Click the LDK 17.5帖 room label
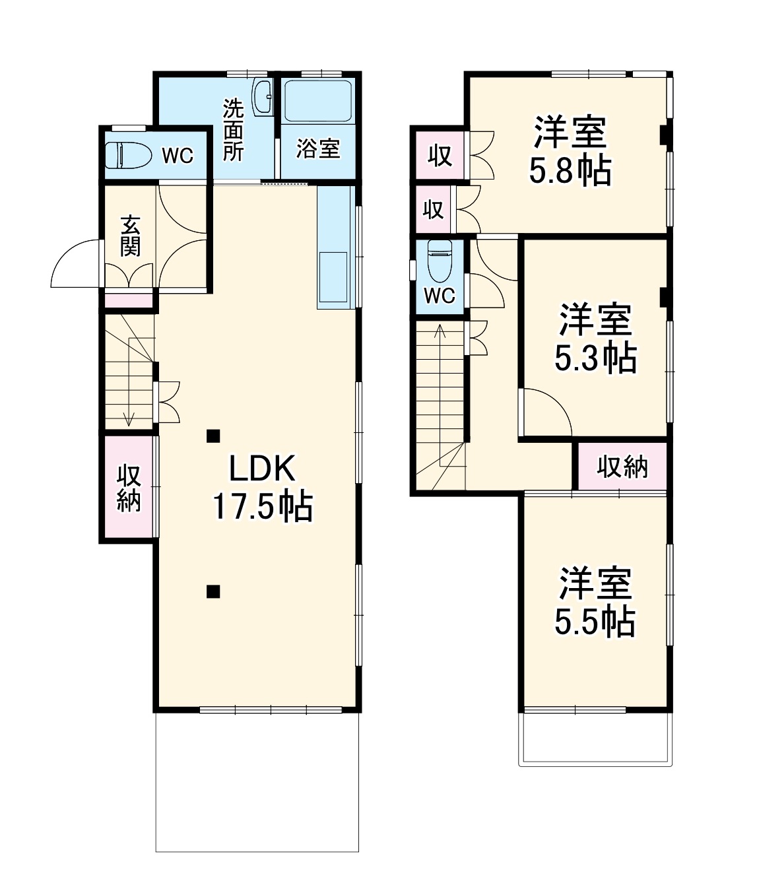click(x=262, y=488)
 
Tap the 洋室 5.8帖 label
click(x=570, y=151)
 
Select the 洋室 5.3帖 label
click(x=595, y=339)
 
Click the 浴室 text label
click(x=318, y=149)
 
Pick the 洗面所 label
click(x=233, y=130)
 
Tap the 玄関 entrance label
click(x=130, y=236)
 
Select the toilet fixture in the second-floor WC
click(x=440, y=261)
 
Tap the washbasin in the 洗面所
click(x=263, y=97)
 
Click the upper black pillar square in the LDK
click(x=213, y=436)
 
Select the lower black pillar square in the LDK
click(x=213, y=591)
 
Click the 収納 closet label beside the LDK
click(x=129, y=488)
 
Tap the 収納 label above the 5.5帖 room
click(x=622, y=467)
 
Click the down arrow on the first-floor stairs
click(x=129, y=417)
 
